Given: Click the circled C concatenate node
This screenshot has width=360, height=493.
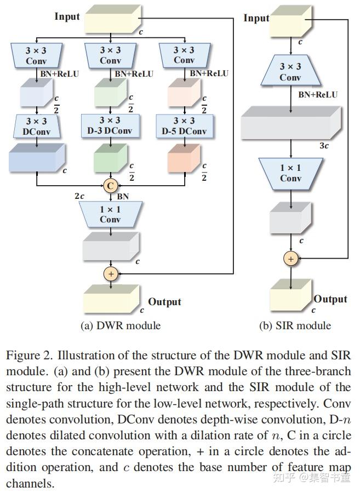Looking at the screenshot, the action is (110, 186).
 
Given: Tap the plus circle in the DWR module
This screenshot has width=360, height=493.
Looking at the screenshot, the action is (111, 274).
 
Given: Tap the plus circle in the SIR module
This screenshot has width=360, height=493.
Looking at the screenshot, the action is (290, 259).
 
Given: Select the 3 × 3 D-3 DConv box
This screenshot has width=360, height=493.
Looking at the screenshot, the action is (110, 125).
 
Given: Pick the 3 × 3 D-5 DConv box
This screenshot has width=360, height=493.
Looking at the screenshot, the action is (185, 126).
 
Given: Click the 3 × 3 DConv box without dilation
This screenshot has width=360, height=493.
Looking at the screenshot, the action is (37, 126).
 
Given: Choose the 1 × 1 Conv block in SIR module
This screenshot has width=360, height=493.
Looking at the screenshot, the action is (291, 174).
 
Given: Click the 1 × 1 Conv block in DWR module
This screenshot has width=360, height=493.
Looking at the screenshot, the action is (110, 214).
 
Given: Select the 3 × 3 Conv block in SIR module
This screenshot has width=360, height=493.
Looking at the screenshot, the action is (290, 71).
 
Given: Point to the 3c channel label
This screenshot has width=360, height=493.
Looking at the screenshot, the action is (324, 146).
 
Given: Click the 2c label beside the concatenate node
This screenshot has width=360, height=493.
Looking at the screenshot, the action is (79, 196).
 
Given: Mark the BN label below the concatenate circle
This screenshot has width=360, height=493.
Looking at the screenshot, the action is (123, 197).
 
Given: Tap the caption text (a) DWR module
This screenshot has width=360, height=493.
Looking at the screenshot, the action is (121, 325).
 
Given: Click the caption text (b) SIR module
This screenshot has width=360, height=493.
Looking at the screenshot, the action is (295, 325).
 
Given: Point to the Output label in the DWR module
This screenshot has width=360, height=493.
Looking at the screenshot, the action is (164, 301).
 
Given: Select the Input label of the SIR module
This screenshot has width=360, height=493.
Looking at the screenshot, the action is (256, 18).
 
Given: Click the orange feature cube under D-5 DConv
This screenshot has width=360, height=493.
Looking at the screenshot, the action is (184, 158).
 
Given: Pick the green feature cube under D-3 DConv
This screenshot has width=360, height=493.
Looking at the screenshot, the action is (110, 158).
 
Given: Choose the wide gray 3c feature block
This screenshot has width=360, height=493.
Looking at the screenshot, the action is (291, 123).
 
